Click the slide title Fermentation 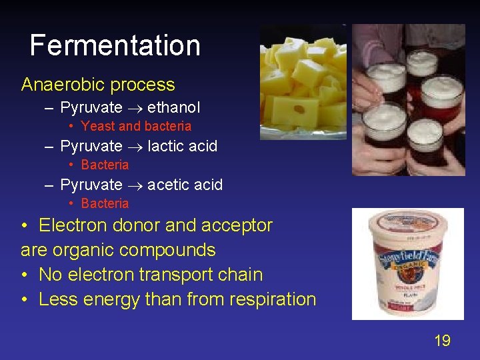tap(115, 45)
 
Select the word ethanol tap(173, 107)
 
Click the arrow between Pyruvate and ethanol tap(135, 108)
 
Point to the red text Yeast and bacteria tap(136, 126)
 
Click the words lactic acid tap(182, 146)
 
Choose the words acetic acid tap(185, 185)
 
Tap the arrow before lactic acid tap(135, 147)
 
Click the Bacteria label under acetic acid tap(105, 203)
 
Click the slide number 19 tap(442, 341)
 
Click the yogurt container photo tap(407, 264)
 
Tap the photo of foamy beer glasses tap(408, 100)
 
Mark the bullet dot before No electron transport tap(25, 275)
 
